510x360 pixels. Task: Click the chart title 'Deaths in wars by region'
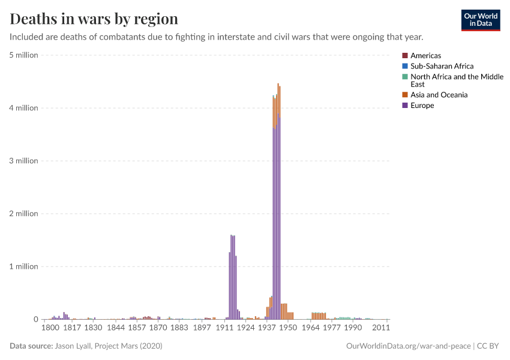[94, 19]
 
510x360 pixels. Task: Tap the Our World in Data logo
[480, 20]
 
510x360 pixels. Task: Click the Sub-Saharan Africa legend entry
[442, 66]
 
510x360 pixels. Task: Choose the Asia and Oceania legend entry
[439, 95]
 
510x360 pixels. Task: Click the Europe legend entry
[422, 106]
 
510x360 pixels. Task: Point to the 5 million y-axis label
[24, 55]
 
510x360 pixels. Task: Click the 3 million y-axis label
[24, 161]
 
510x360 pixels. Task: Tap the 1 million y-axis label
[24, 266]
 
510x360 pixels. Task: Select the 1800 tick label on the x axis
[50, 328]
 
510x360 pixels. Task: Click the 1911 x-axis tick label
[224, 328]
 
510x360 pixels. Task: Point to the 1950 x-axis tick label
[287, 328]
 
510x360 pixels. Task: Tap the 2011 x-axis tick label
[382, 328]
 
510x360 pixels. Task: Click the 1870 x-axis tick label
[158, 328]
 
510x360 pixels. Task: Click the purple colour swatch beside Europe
[405, 106]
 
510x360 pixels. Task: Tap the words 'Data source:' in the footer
[31, 346]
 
